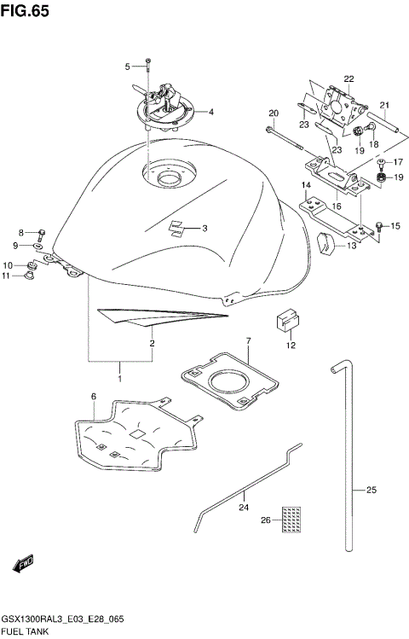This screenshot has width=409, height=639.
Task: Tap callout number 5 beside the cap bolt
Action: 128,66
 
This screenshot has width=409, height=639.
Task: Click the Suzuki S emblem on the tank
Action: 177,227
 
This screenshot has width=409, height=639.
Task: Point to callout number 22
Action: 349,79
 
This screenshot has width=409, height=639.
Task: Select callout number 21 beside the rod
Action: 384,106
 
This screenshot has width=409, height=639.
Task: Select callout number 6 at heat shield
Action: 93,397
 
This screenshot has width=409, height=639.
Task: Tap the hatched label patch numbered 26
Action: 292,517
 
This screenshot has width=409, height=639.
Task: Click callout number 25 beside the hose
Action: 371,490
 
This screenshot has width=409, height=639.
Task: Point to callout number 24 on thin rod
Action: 244,507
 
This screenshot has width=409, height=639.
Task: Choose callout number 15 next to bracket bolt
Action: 395,225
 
